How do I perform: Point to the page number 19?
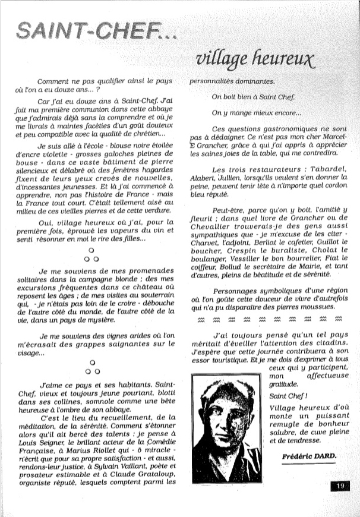(339, 487)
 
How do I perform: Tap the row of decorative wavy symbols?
(268, 319)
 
